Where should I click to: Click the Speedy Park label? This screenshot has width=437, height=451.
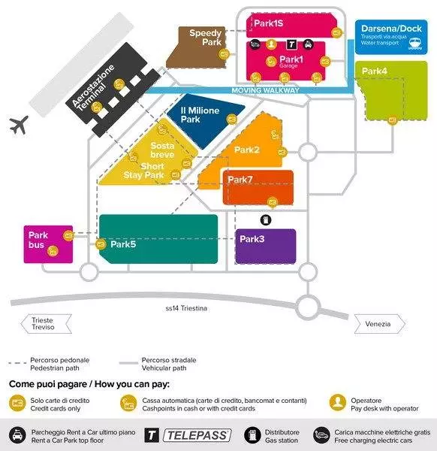point(206,38)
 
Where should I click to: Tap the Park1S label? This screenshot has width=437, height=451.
point(268,23)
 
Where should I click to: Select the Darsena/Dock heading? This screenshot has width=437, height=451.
point(391,29)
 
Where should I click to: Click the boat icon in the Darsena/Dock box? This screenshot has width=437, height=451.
point(415,44)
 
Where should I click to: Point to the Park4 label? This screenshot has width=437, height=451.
point(374,71)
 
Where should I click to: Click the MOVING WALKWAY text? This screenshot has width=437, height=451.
point(266,90)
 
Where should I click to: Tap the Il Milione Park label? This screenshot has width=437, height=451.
point(200,115)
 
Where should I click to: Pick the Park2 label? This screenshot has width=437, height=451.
point(247,150)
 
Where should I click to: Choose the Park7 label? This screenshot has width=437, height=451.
point(240,180)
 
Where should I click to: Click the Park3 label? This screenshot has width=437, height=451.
point(252,239)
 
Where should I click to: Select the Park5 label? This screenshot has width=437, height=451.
point(123,244)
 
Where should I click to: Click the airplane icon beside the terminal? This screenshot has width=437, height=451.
point(19,125)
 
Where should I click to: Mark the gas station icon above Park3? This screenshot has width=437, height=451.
point(266,220)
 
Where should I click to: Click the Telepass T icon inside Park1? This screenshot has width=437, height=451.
point(291,44)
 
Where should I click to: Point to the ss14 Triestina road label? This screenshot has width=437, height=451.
point(186,308)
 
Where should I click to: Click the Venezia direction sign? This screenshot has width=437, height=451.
point(379,324)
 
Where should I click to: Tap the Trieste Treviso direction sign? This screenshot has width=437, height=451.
point(46,324)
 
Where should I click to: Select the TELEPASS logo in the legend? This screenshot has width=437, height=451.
point(197,435)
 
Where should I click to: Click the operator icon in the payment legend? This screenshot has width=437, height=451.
point(338,402)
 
